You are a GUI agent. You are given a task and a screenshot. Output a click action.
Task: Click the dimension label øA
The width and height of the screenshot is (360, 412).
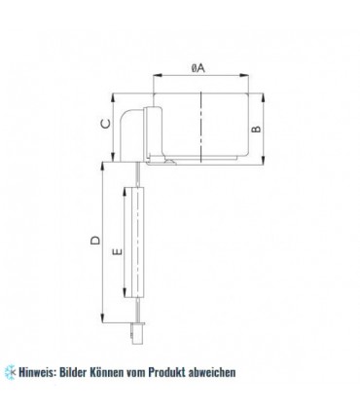(x=197, y=67)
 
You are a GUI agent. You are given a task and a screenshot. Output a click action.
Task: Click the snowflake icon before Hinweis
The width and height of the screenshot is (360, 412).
(x=11, y=372)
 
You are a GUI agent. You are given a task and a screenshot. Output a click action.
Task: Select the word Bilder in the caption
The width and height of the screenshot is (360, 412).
(x=90, y=372)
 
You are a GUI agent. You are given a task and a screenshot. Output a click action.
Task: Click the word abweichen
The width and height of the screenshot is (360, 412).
(x=255, y=372)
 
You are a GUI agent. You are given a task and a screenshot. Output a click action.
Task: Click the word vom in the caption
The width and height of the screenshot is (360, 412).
(x=167, y=372)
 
